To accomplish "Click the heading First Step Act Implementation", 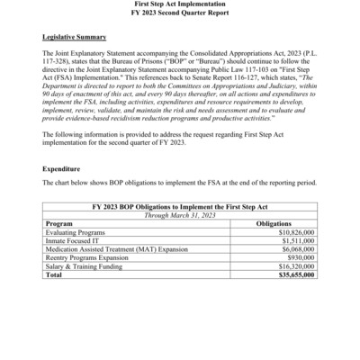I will tap(180, 4).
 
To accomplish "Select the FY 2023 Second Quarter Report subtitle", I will tap(180, 13).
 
